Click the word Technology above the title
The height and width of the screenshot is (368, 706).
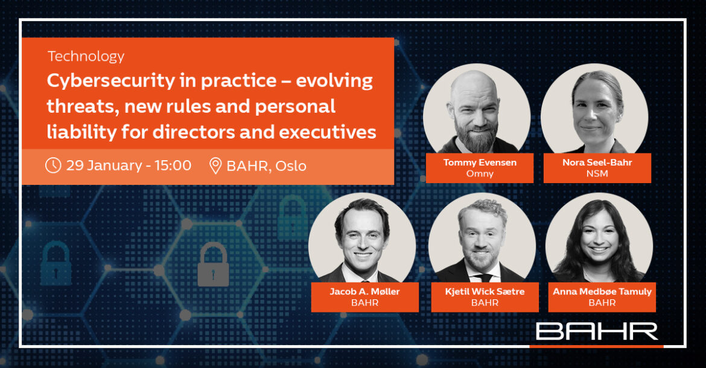(x=86, y=57)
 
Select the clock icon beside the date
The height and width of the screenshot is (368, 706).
(x=53, y=165)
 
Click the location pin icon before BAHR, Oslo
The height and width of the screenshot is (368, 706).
(x=215, y=166)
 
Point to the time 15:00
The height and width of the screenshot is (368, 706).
(x=173, y=166)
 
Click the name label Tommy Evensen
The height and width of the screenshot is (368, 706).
(x=480, y=163)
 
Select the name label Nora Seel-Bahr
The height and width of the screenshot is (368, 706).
(x=597, y=163)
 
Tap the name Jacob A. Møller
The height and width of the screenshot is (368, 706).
(x=364, y=292)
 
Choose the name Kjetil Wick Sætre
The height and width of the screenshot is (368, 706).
(x=485, y=292)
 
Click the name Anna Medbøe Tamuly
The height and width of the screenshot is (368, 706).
(x=602, y=292)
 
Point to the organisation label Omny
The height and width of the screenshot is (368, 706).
(x=480, y=173)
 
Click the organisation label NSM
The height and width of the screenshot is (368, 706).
(x=597, y=173)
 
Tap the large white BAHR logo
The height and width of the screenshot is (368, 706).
(x=597, y=331)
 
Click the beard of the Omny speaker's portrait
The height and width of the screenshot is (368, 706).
(x=476, y=134)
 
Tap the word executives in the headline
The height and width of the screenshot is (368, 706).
(x=327, y=132)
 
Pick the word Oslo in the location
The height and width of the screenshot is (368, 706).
(x=291, y=166)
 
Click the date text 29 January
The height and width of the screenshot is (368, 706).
(x=104, y=166)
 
